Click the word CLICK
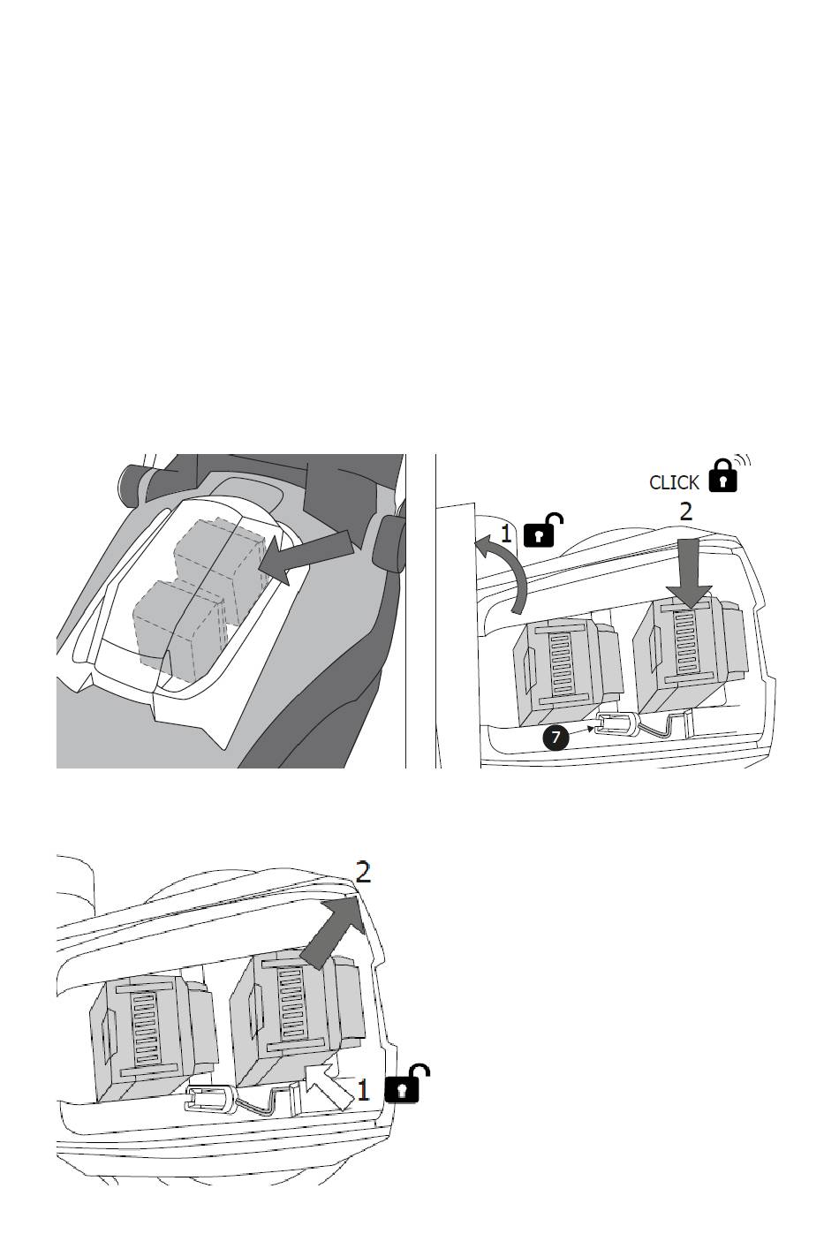pyautogui.click(x=674, y=482)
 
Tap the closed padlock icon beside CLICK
pyautogui.click(x=722, y=475)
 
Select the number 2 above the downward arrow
pyautogui.click(x=686, y=511)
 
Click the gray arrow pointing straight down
pyautogui.click(x=689, y=573)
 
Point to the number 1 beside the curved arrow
pyautogui.click(x=505, y=534)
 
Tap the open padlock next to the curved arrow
pyautogui.click(x=542, y=531)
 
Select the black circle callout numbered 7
pyautogui.click(x=556, y=738)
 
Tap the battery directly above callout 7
pyautogui.click(x=567, y=672)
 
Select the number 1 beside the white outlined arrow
pyautogui.click(x=362, y=1091)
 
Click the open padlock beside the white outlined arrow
pyautogui.click(x=406, y=1085)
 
